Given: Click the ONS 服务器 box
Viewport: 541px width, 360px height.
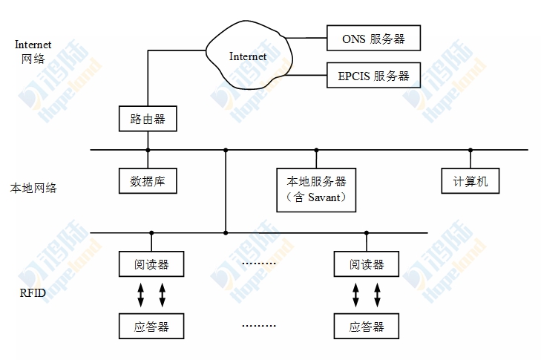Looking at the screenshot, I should pyautogui.click(x=373, y=39).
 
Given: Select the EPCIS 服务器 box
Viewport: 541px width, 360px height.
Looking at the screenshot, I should pyautogui.click(x=373, y=76).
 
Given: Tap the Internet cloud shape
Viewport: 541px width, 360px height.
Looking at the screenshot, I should pyautogui.click(x=249, y=56).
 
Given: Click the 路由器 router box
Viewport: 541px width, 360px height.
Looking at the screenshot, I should pyautogui.click(x=148, y=118).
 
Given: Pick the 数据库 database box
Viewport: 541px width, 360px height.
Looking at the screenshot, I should pyautogui.click(x=148, y=180).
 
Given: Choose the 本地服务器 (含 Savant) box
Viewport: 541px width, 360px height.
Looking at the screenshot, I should pyautogui.click(x=316, y=189).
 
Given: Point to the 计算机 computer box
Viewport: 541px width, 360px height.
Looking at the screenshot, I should pyautogui.click(x=470, y=180).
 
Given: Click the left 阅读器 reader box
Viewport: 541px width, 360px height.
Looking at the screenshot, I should pyautogui.click(x=151, y=264).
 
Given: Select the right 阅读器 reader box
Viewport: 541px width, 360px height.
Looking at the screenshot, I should pyautogui.click(x=366, y=264).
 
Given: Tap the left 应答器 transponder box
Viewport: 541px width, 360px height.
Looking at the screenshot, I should pyautogui.click(x=151, y=325).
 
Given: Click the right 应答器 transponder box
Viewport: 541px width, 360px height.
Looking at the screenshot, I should pyautogui.click(x=366, y=325).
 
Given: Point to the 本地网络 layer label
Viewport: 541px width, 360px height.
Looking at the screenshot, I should pyautogui.click(x=33, y=189).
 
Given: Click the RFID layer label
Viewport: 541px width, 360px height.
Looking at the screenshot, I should pyautogui.click(x=33, y=293).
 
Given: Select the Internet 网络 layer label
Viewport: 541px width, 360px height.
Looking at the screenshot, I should pyautogui.click(x=33, y=51).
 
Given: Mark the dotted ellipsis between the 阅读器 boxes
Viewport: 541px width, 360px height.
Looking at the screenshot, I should pyautogui.click(x=259, y=264).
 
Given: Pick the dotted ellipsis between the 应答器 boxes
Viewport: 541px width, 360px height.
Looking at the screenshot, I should pyautogui.click(x=259, y=325).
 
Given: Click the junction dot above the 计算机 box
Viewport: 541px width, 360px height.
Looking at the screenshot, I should pyautogui.click(x=470, y=150).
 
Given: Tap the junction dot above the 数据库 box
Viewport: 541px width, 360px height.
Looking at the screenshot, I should pyautogui.click(x=148, y=150).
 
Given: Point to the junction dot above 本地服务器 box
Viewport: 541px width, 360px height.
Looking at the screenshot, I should pyautogui.click(x=316, y=150).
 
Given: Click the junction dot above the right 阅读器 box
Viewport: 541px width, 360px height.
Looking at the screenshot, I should pyautogui.click(x=366, y=233).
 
